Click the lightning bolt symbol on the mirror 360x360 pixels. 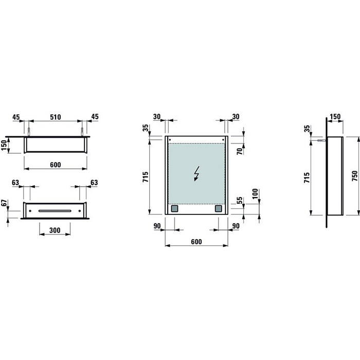pyautogui.click(x=196, y=175)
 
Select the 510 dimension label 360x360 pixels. pyautogui.click(x=56, y=117)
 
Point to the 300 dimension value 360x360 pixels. pyautogui.click(x=55, y=230)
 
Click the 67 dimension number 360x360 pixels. pyautogui.click(x=4, y=205)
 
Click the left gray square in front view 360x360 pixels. pyautogui.click(x=174, y=209)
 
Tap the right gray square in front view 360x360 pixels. pyautogui.click(x=218, y=209)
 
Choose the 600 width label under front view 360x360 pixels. pyautogui.click(x=195, y=241)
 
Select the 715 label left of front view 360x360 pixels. pyautogui.click(x=146, y=178)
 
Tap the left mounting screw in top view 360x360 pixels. pyautogui.click(x=31, y=130)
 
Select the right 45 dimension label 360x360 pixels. pyautogui.click(x=95, y=117)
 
